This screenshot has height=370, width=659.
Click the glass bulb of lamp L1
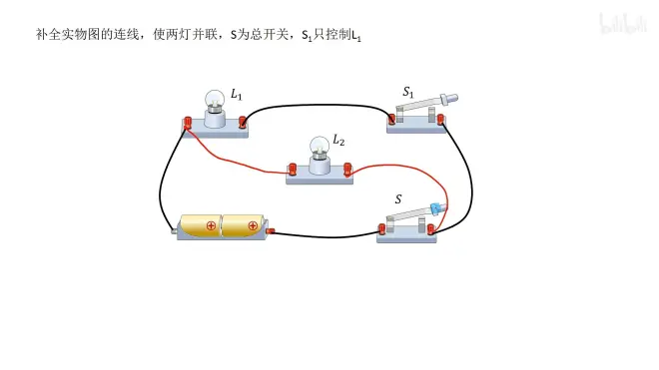215,99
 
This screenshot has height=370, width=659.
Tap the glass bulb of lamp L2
320,146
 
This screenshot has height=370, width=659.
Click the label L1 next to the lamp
237,95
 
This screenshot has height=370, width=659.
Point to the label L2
338,140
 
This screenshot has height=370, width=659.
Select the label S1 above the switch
408,92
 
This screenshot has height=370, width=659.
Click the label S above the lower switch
398,199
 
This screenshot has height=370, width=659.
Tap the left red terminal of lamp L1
188,123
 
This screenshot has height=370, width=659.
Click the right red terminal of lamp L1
242,123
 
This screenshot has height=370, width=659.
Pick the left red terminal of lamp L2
293,170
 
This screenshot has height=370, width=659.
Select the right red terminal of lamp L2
347,170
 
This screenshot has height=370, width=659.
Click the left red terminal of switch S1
391,120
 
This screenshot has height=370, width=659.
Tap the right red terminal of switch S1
440,120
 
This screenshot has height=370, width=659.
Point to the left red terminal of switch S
382,229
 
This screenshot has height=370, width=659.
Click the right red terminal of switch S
430,229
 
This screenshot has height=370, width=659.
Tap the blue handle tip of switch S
438,207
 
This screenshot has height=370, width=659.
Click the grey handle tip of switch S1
449,99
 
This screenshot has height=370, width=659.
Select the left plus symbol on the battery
211,226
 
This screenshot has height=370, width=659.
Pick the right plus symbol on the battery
253,226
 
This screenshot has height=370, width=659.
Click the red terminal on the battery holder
271,230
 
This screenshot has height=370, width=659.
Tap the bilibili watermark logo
623,23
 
